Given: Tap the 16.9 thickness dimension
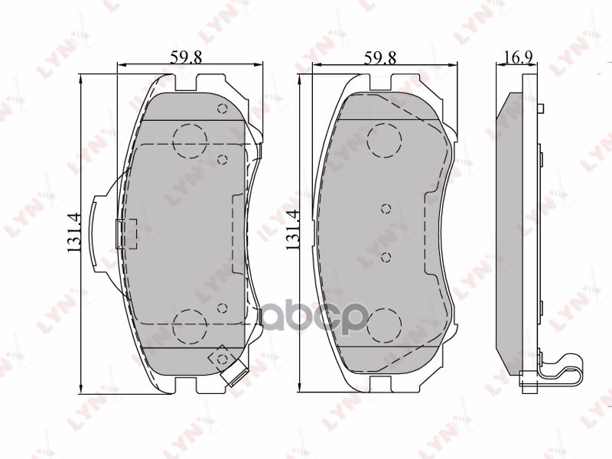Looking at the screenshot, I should pyautogui.click(x=519, y=57).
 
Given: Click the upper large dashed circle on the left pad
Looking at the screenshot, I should pyautogui.click(x=190, y=140).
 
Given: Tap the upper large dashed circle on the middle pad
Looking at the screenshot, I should pyautogui.click(x=384, y=140).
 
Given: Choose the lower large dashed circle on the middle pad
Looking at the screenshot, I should pyautogui.click(x=384, y=326).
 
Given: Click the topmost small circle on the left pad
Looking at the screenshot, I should pyautogui.click(x=223, y=108).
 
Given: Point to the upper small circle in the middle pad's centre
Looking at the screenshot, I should pyautogui.click(x=386, y=207).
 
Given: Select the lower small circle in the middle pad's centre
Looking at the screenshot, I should pyautogui.click(x=386, y=256).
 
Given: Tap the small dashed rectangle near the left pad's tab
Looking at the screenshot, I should pyautogui.click(x=125, y=233).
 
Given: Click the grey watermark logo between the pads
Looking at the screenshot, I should pyautogui.click(x=314, y=314).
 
